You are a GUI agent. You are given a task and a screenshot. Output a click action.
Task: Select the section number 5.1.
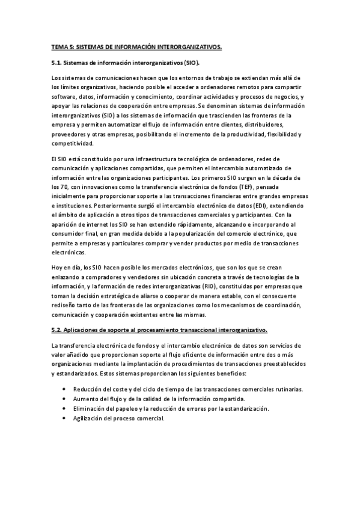click(58, 62)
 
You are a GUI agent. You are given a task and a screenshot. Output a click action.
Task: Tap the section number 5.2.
click(58, 330)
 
